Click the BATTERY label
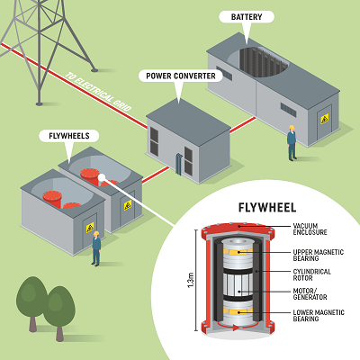pos(247,17)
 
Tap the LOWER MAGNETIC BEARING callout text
pos(318,316)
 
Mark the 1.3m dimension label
pos(181,285)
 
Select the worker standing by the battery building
pos(291,142)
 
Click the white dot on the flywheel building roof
pos(103,176)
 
